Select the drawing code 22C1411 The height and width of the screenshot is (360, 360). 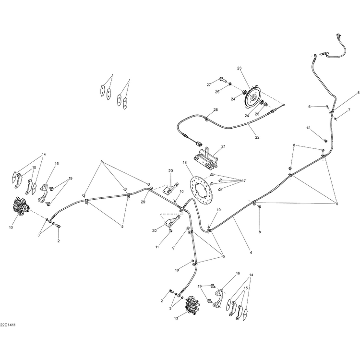point(7,325)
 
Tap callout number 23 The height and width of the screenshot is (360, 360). point(240,68)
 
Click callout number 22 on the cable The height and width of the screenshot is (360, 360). point(257,137)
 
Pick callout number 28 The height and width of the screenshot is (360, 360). point(216,110)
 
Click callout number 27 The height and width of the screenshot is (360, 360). point(209,84)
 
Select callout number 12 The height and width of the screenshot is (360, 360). point(308,128)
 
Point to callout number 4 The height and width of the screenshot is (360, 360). point(251,252)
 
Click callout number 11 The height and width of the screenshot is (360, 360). point(157,247)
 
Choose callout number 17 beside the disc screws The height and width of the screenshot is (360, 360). point(243,180)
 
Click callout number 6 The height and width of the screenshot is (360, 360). point(309,107)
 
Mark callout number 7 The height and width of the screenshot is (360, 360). point(349,110)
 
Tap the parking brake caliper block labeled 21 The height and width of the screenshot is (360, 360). point(205,159)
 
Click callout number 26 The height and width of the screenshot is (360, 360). point(257,114)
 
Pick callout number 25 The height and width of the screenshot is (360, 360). point(217,92)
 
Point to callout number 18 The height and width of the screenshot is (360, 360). point(185,162)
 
